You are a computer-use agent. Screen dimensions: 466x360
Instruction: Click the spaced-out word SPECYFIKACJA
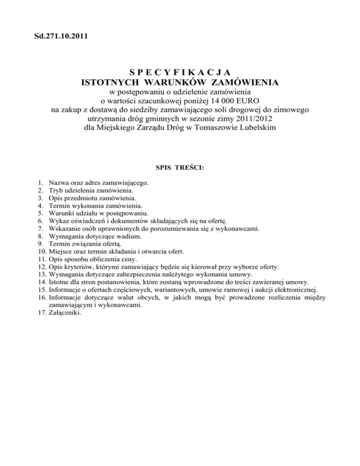tap(180, 72)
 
